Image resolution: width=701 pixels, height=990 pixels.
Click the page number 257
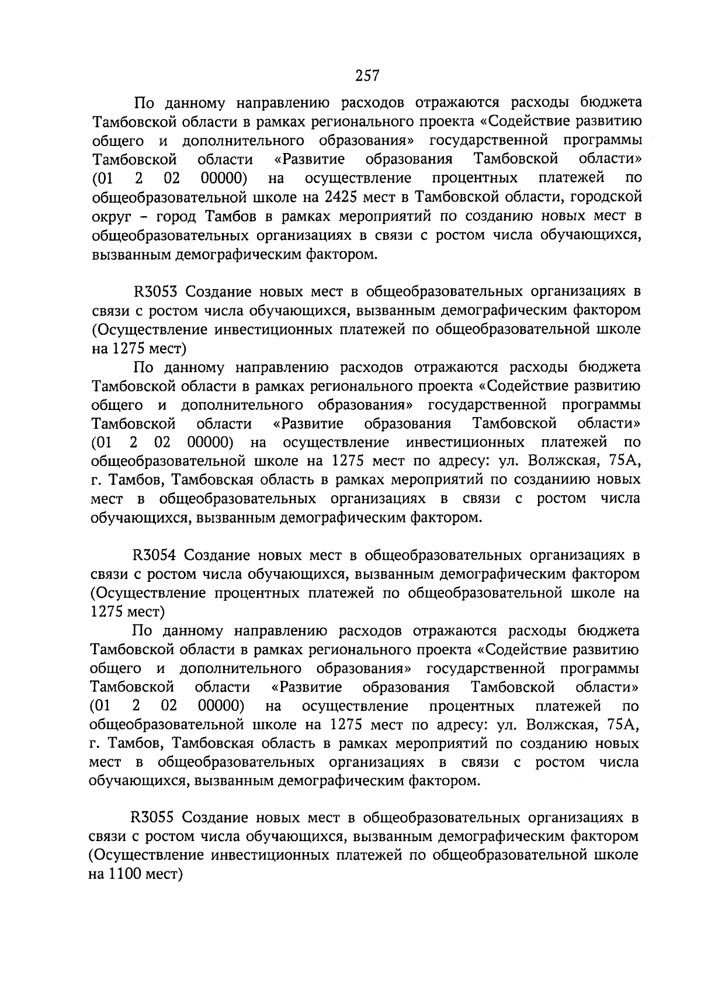[x=367, y=76]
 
